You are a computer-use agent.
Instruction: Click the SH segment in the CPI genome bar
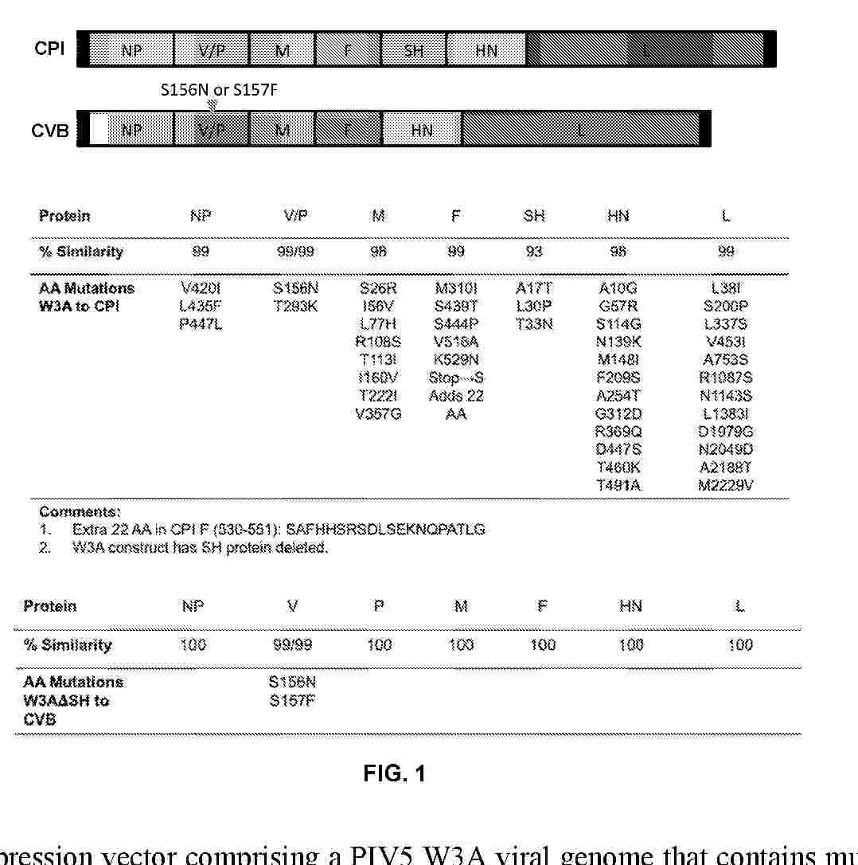(414, 51)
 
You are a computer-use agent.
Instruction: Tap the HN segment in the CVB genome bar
(422, 130)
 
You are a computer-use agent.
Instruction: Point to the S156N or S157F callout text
(219, 91)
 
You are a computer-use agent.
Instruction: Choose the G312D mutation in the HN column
(618, 414)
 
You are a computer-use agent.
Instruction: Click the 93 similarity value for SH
(534, 252)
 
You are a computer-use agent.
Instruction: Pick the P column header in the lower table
(379, 606)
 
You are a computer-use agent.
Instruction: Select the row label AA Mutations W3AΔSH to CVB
(73, 701)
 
